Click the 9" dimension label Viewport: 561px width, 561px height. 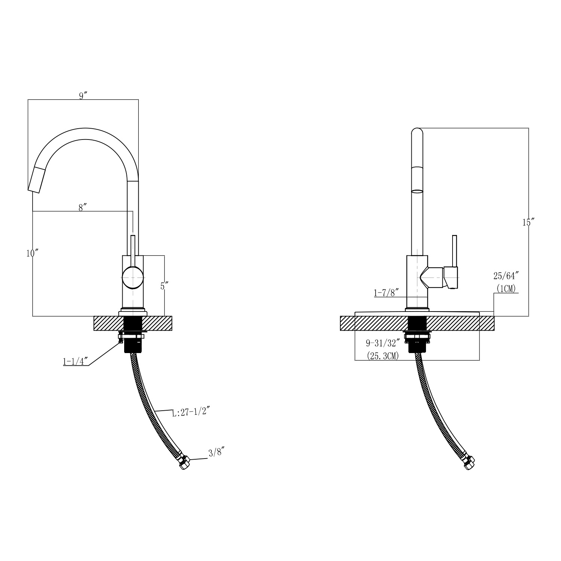tap(83, 96)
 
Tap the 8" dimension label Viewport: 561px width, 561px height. tap(83, 208)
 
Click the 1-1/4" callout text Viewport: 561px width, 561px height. tap(75, 362)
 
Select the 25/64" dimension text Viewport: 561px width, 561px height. tap(507, 276)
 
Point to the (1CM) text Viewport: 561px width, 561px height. tap(507, 288)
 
